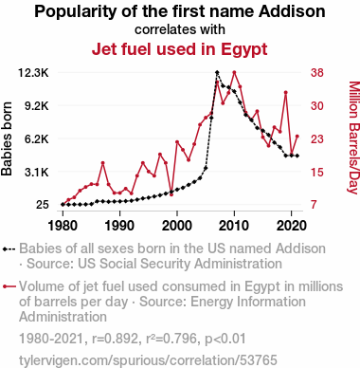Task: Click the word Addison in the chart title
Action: click(292, 11)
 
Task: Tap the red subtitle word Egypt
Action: click(244, 49)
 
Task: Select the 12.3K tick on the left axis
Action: click(33, 73)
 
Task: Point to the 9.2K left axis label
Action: click(37, 106)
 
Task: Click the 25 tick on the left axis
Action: click(43, 205)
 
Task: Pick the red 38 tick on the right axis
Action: click(317, 73)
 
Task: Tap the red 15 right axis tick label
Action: click(317, 173)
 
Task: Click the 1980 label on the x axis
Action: click(63, 226)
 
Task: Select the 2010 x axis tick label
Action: click(234, 226)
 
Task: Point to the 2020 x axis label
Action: click(291, 226)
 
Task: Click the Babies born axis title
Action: click(7, 138)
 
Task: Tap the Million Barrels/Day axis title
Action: click(353, 138)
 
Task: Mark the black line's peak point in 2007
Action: click(217, 72)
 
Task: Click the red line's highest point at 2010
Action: click(234, 72)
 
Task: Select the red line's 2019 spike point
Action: click(285, 92)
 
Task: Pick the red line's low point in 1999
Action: click(171, 194)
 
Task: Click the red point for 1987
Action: click(102, 163)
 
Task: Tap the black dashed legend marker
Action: click(9, 249)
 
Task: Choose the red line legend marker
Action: click(9, 286)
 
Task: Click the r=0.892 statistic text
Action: click(115, 339)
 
